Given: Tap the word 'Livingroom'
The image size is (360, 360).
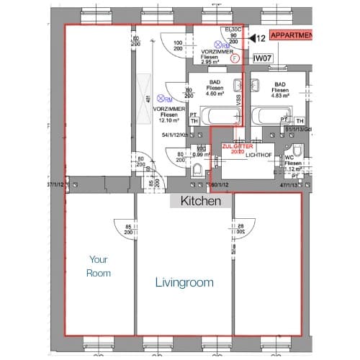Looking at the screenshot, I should coord(184,283).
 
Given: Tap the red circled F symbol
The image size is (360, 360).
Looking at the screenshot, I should coord(235,60).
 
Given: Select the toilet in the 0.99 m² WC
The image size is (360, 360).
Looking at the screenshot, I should coord(198,169).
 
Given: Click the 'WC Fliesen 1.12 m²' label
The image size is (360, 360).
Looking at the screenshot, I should coord(292,163).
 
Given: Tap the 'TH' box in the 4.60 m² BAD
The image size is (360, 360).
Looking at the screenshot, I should coord(193,122).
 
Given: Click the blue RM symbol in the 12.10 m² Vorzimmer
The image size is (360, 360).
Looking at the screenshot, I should coord(166,99).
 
